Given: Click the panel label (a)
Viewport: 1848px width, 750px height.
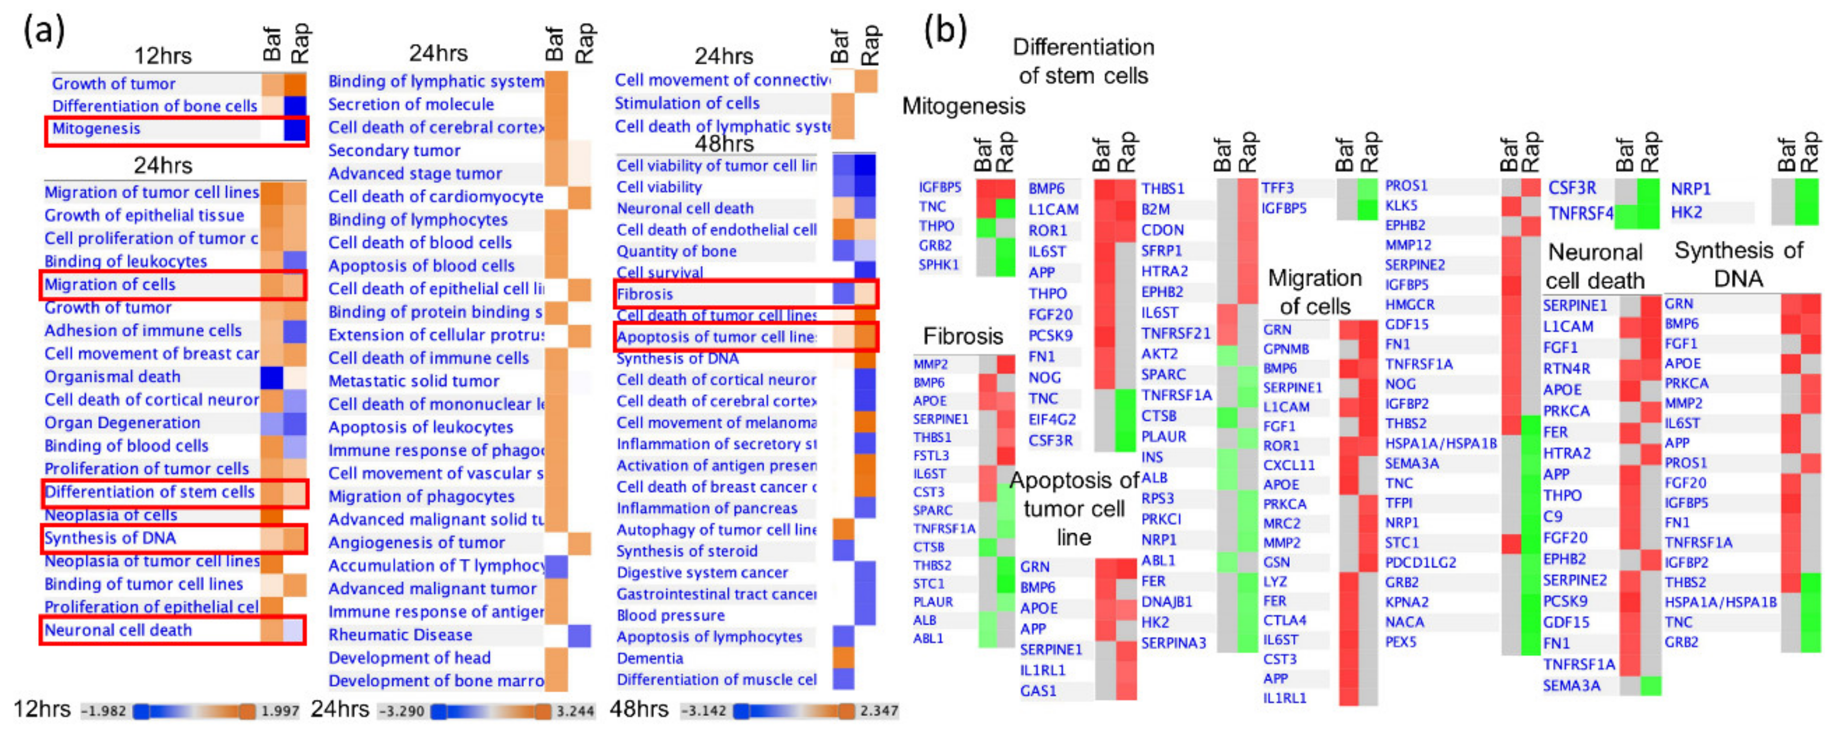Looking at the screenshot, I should tap(45, 31).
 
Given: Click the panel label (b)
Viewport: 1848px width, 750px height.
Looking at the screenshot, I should tap(945, 31).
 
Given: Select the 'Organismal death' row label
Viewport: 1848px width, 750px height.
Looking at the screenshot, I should tap(113, 377).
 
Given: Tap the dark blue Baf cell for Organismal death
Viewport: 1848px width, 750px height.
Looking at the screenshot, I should tap(271, 377).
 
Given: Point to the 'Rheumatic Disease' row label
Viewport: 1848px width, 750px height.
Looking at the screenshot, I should tap(400, 635).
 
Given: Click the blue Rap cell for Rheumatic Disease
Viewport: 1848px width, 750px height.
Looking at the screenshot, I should tap(579, 635).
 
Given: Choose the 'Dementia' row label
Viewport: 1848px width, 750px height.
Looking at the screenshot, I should tap(650, 658).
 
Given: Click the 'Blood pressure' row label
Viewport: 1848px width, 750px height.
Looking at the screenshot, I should tap(671, 615).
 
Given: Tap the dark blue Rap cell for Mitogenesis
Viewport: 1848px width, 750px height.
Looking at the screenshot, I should tap(295, 129).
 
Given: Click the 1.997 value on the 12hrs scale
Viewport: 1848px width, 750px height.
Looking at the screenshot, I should tap(280, 711).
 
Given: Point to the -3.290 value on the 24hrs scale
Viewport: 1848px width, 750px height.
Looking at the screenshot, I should tap(402, 711).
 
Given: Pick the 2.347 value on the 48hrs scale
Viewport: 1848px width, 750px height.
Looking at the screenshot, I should tap(879, 711).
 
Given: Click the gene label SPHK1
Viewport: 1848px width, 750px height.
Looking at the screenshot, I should tap(938, 265).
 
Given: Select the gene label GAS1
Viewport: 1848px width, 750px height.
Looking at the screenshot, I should tap(1038, 691).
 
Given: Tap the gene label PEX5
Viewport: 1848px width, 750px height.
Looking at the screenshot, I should tap(1400, 642).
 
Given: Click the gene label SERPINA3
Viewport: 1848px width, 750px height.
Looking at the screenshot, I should tap(1174, 643).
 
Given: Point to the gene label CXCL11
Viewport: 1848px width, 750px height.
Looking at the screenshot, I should tap(1289, 465).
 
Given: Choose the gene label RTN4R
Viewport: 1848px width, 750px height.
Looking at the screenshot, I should tap(1567, 369).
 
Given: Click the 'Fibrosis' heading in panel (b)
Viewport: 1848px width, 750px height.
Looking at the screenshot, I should tap(963, 336).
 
